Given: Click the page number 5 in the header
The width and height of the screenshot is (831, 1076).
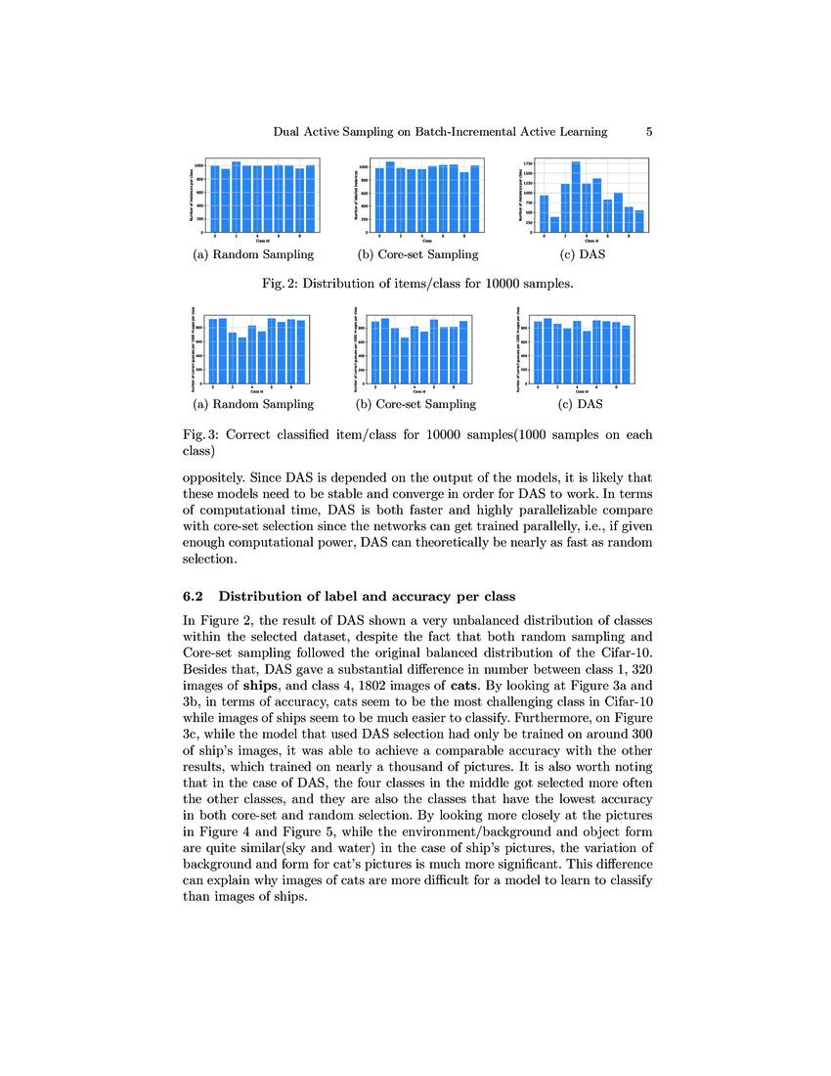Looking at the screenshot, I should point(650,131).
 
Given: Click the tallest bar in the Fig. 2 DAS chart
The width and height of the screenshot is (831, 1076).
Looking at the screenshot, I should point(576,199).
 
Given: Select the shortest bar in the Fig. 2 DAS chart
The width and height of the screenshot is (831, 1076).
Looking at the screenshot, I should point(555,225).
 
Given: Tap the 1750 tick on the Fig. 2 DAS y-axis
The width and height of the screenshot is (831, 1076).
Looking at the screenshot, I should point(528,163).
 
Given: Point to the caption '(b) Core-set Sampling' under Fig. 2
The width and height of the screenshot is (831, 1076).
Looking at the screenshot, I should point(417,255).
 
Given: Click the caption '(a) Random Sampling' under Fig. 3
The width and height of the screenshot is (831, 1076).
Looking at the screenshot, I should point(253,404).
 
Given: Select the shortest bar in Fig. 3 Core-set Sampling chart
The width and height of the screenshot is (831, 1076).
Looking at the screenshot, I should point(404,361).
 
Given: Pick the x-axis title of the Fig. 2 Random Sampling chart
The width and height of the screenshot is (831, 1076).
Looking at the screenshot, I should point(262,241).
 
